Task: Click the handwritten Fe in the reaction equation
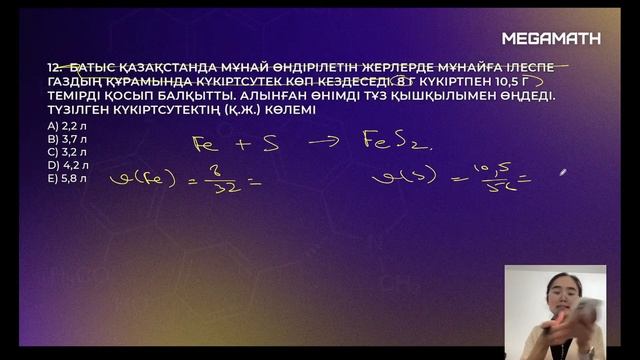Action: coord(204,144)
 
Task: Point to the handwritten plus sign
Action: coord(241,143)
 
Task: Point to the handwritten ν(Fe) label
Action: coord(137,180)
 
